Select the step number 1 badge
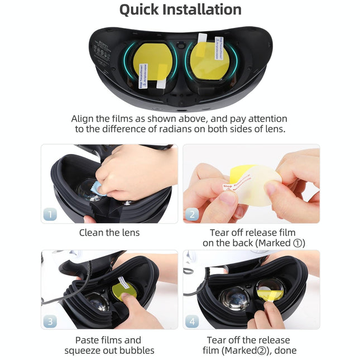pyautogui.click(x=50, y=214)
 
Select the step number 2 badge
pyautogui.click(x=193, y=214)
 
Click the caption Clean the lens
pyautogui.click(x=109, y=233)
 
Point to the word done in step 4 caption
pyautogui.click(x=285, y=351)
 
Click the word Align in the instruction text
pyautogui.click(x=83, y=119)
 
